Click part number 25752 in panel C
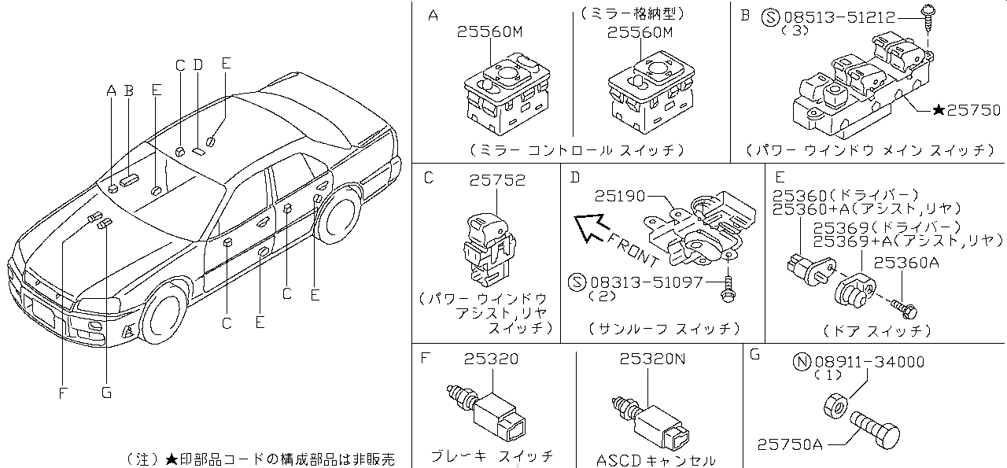[x=497, y=180]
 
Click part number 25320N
[x=652, y=359]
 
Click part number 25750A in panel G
[x=790, y=444]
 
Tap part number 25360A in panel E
[x=906, y=264]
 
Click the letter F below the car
[x=62, y=393]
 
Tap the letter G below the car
[x=106, y=393]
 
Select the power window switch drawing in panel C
[x=486, y=248]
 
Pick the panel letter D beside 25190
[x=574, y=178]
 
